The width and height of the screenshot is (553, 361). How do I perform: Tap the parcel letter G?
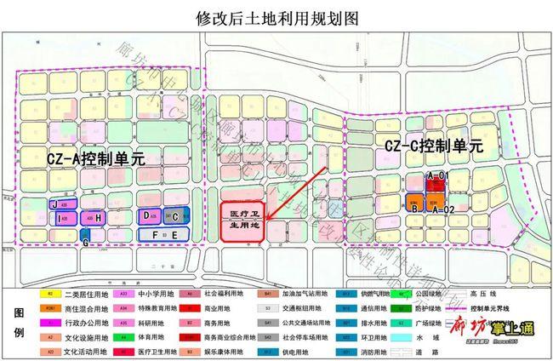[x=86, y=242]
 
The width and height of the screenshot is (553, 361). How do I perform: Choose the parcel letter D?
[x=147, y=216]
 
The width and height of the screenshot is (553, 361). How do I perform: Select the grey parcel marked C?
[x=175, y=217]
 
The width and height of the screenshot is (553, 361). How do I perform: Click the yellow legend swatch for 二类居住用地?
[x=50, y=294]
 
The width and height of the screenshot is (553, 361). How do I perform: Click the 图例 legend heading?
[x=19, y=322]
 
